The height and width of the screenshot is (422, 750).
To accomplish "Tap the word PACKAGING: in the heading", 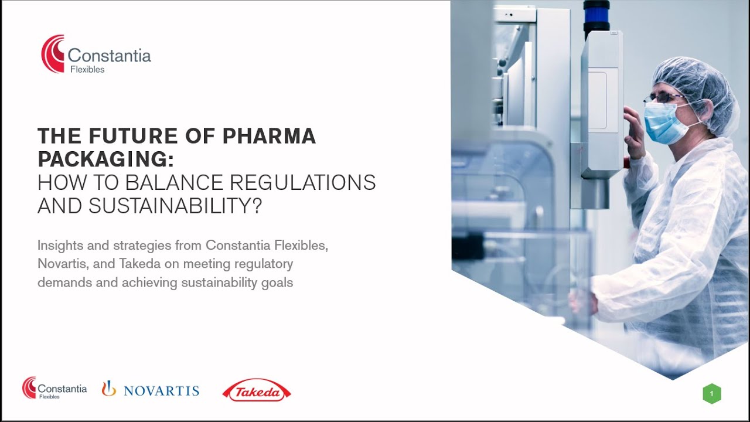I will click(x=105, y=159).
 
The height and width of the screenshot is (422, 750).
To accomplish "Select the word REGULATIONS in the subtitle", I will click(x=302, y=182).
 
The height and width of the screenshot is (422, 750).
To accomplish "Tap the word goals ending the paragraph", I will click(x=277, y=283).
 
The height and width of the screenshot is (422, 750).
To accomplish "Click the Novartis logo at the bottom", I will click(x=151, y=390).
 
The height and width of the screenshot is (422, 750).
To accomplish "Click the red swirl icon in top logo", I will click(x=53, y=54).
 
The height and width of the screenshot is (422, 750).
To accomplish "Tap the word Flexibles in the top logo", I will click(x=87, y=70).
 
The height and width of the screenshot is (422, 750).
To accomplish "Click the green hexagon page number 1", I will click(x=711, y=394).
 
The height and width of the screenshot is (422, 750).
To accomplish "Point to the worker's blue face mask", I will click(x=662, y=121).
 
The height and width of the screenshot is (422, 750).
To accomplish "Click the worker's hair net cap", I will click(x=697, y=82).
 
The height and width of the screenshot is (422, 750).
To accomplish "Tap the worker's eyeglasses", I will click(x=663, y=98).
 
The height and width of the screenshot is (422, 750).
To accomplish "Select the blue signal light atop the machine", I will click(x=596, y=16).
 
